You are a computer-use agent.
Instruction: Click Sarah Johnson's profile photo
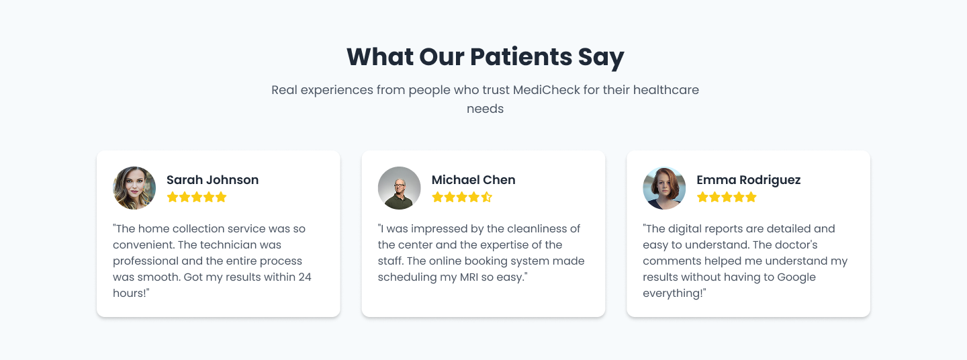pyautogui.click(x=134, y=188)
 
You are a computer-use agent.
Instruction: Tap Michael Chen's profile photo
pyautogui.click(x=400, y=188)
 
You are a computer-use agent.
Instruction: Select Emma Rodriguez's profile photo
pyautogui.click(x=664, y=188)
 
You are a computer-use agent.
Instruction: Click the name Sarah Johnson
pyautogui.click(x=212, y=180)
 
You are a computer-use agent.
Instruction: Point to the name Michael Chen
pyautogui.click(x=473, y=180)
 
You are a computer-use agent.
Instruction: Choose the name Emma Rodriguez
pyautogui.click(x=748, y=180)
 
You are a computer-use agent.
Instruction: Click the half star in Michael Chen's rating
pyautogui.click(x=487, y=197)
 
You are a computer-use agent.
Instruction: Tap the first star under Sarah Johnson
pyautogui.click(x=173, y=197)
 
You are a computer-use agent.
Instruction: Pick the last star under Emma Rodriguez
pyautogui.click(x=751, y=197)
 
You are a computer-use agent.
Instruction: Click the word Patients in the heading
pyautogui.click(x=512, y=57)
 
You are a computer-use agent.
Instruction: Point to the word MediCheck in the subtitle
pyautogui.click(x=546, y=90)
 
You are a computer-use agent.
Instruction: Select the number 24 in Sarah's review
pyautogui.click(x=304, y=277)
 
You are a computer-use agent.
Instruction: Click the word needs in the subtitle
pyautogui.click(x=485, y=108)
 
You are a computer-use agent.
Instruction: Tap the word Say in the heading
pyautogui.click(x=601, y=57)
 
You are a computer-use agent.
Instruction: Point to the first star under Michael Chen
pyautogui.click(x=438, y=197)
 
